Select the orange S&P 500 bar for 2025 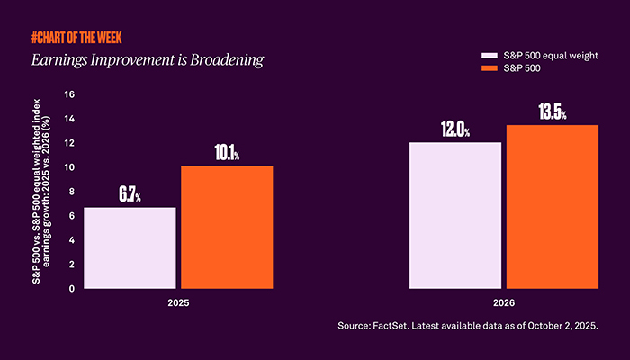click(227, 228)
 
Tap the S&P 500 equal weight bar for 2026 click(455, 216)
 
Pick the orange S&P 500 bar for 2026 click(551, 207)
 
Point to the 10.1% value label click(226, 153)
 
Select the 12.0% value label click(455, 130)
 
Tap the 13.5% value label click(552, 112)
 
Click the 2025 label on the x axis click(178, 301)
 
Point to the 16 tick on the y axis click(69, 94)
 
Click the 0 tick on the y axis click(73, 289)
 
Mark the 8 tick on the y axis click(73, 192)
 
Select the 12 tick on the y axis click(69, 143)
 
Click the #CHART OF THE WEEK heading click(76, 38)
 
